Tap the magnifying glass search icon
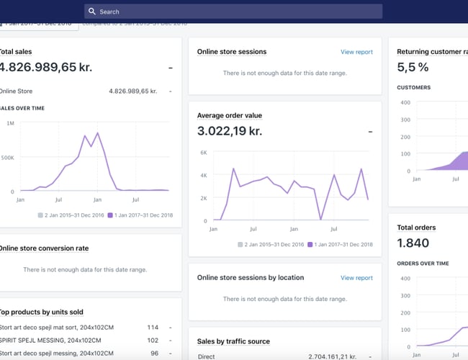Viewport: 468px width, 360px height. click(91, 12)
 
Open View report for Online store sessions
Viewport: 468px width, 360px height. click(356, 52)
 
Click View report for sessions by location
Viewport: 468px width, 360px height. click(356, 278)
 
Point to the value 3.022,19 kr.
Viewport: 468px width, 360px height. click(230, 131)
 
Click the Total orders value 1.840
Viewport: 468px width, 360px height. click(413, 243)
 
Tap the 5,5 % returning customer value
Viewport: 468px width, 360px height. click(413, 67)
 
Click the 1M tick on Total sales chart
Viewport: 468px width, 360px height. click(9, 123)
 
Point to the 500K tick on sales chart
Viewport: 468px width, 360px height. click(6, 157)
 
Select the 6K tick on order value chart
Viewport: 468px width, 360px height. click(203, 153)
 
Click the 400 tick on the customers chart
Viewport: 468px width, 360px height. click(405, 102)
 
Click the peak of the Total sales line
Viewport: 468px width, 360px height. click(96, 133)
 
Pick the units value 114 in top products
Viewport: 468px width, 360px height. click(153, 327)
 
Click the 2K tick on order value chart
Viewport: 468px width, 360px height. click(203, 198)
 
